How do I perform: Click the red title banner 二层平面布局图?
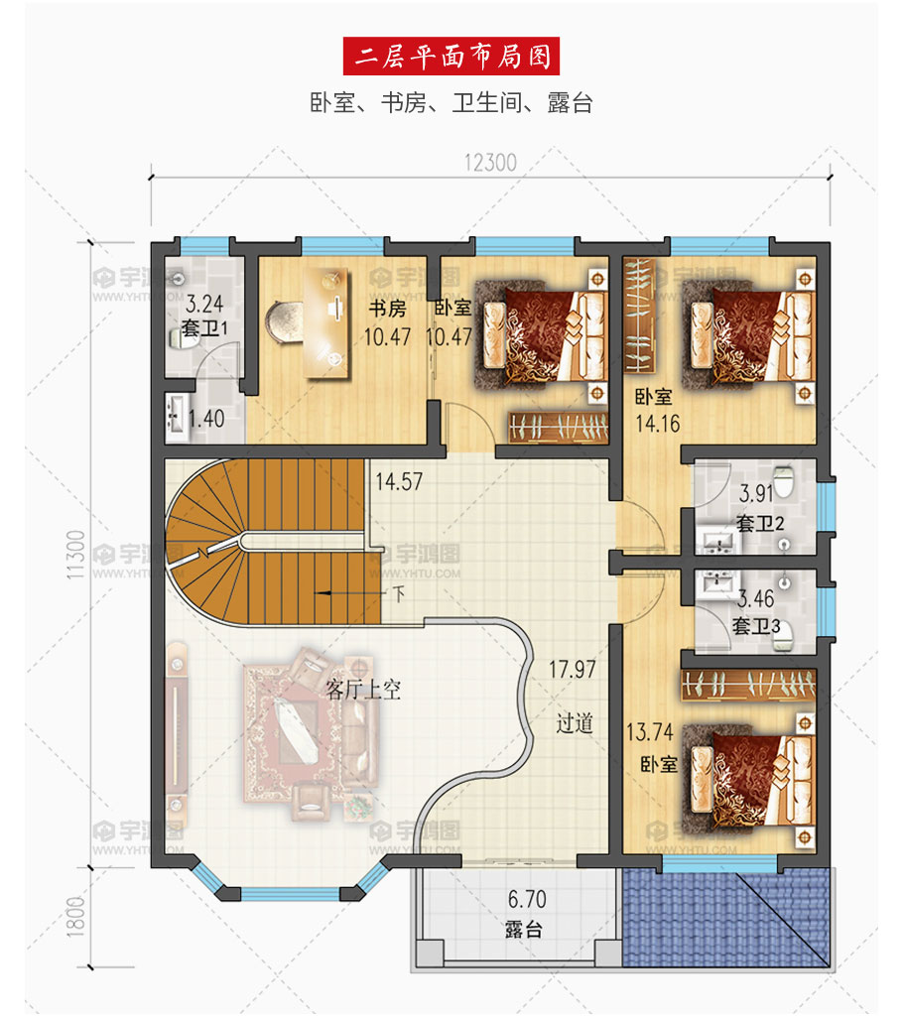point(451,56)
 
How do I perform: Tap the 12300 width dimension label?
point(490,163)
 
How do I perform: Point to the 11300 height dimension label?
point(75,554)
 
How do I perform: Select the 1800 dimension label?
point(75,917)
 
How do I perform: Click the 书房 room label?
point(387,308)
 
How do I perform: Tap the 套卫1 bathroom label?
point(204,327)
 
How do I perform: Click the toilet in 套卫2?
point(784,480)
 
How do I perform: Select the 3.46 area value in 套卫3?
point(755,598)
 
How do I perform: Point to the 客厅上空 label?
point(362,690)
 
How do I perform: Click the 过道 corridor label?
point(575,722)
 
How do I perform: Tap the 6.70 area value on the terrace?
point(527,899)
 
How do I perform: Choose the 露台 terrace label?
point(524,929)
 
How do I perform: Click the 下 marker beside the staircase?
point(399,593)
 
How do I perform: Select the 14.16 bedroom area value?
point(658,424)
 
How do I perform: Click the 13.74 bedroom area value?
point(649,732)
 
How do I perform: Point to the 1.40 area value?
point(205,419)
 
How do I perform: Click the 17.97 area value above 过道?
point(573,669)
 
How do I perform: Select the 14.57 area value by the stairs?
point(399,482)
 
